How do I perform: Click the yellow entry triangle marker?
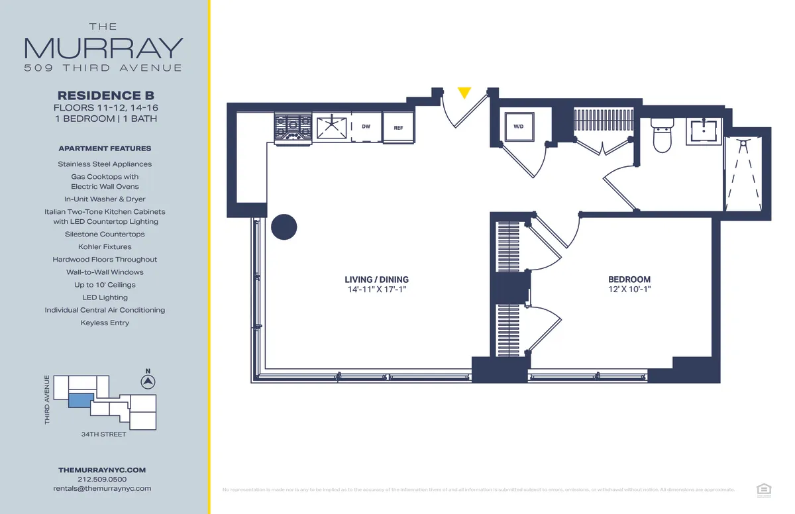click(x=464, y=93)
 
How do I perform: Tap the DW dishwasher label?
click(x=366, y=127)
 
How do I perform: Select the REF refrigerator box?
click(x=398, y=128)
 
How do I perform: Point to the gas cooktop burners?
click(x=293, y=126)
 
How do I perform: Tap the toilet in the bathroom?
click(x=662, y=136)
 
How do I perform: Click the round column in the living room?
click(x=284, y=227)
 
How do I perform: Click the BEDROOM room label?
click(x=629, y=280)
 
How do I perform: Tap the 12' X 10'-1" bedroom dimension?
click(x=629, y=289)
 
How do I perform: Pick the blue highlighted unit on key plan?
click(x=81, y=401)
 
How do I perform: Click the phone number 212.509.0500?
click(x=102, y=479)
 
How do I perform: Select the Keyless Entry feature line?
click(x=105, y=323)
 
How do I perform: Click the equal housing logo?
click(x=763, y=489)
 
